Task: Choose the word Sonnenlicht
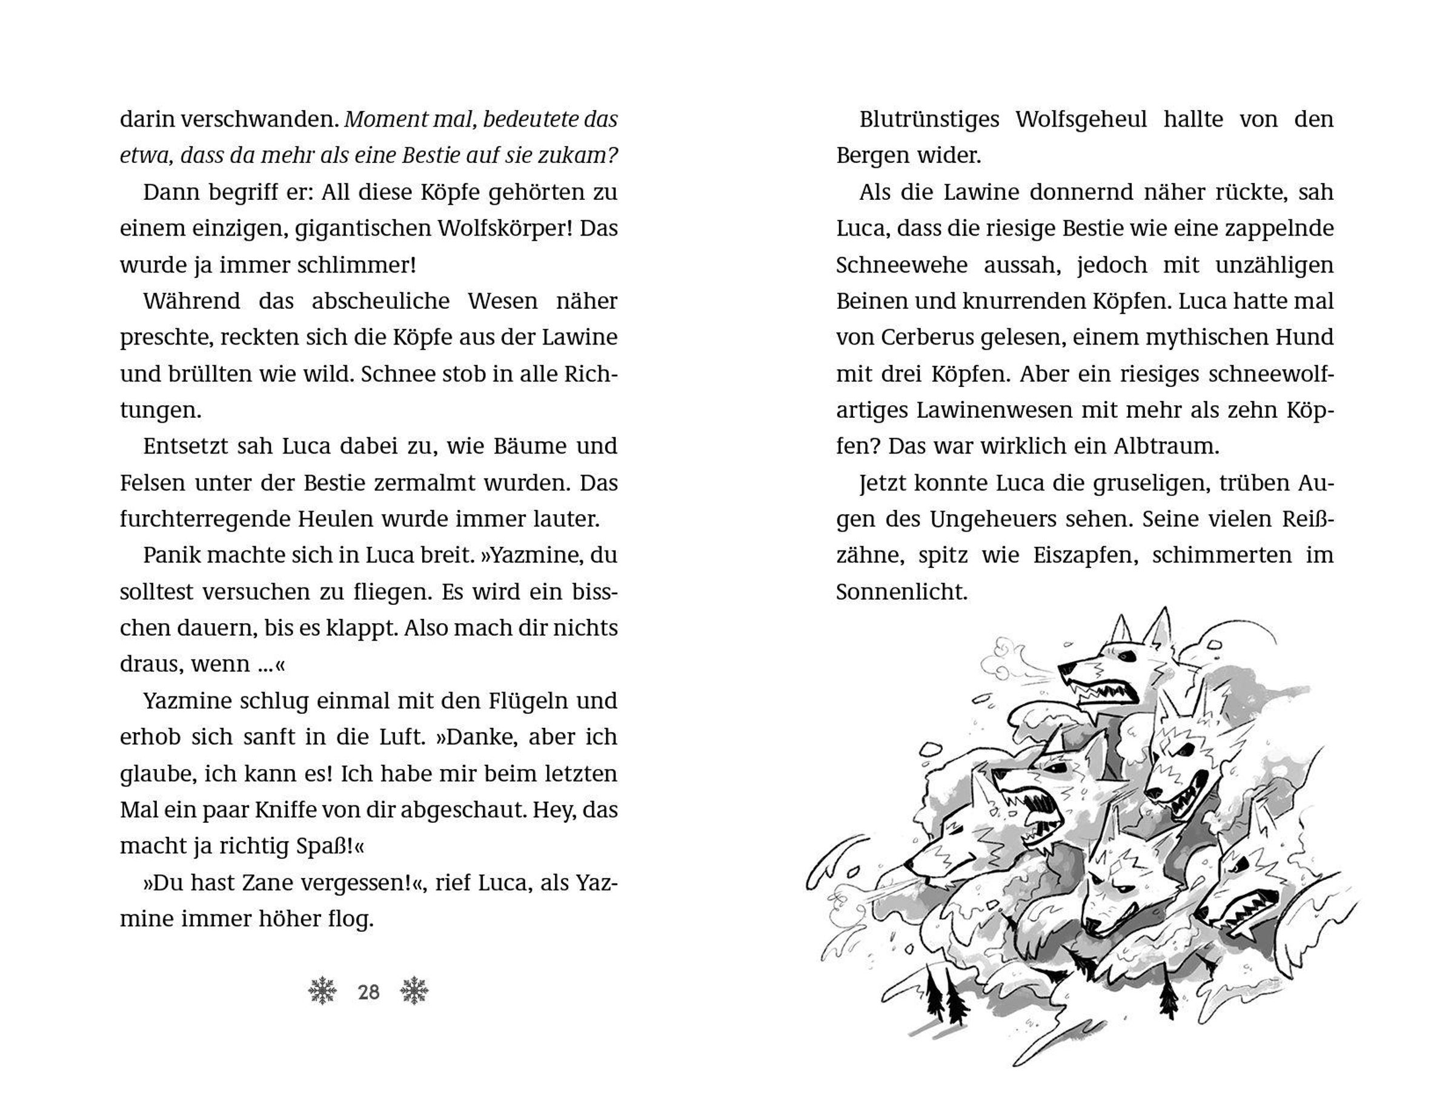(x=901, y=592)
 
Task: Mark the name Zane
(x=299, y=883)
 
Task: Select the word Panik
(x=170, y=555)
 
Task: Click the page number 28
(x=369, y=992)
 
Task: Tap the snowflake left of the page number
(x=323, y=991)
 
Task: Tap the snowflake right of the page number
(x=414, y=991)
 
